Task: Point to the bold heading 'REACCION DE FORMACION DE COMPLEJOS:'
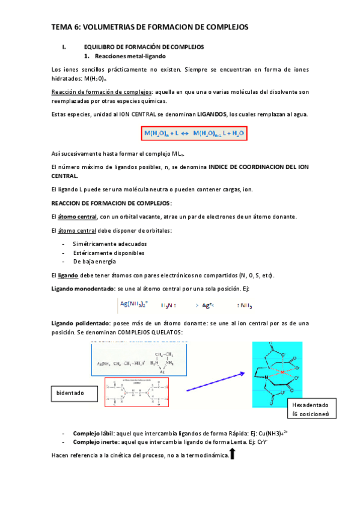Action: pyautogui.click(x=112, y=203)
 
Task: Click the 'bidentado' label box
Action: pyautogui.click(x=73, y=393)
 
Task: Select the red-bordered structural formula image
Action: pyautogui.click(x=136, y=393)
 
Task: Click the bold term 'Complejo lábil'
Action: pyautogui.click(x=91, y=433)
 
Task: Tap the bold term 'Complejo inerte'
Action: pyautogui.click(x=93, y=442)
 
